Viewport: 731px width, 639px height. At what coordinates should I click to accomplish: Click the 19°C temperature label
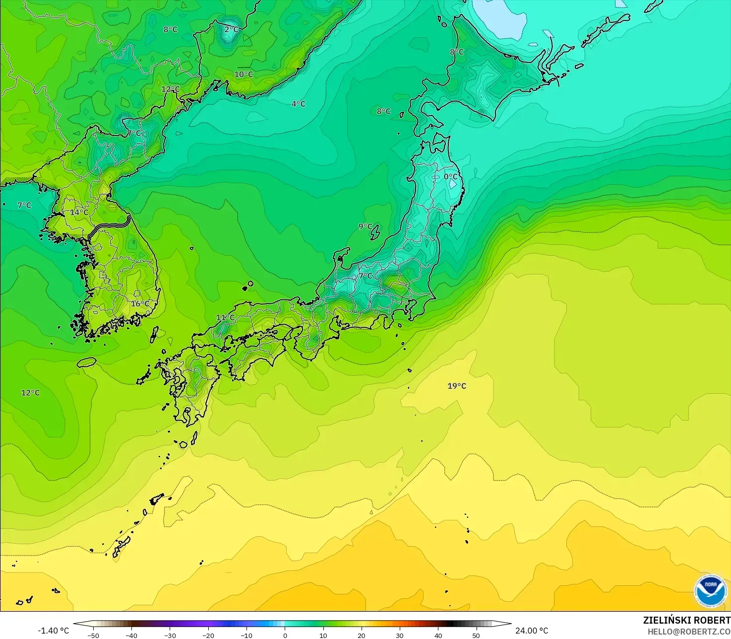(x=457, y=386)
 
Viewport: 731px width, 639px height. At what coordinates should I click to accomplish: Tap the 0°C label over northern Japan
(x=451, y=177)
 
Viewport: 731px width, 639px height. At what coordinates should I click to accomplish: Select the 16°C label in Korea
(x=140, y=303)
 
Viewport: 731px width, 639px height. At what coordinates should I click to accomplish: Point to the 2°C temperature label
(x=231, y=29)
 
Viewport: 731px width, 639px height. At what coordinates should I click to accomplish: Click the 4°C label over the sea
(x=298, y=104)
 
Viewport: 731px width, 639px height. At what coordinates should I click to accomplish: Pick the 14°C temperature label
(x=79, y=213)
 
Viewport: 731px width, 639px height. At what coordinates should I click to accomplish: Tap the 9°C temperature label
(x=365, y=226)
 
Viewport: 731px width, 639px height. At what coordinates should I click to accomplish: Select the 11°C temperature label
(x=225, y=317)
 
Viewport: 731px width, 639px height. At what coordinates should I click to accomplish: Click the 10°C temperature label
(x=244, y=74)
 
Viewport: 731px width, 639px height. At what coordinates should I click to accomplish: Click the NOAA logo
(x=711, y=590)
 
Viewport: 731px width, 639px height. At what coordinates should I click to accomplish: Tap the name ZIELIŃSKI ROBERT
(x=686, y=620)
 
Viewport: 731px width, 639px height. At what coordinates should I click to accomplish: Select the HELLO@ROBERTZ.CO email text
(x=689, y=632)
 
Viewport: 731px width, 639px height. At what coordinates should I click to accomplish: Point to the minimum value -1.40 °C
(x=54, y=631)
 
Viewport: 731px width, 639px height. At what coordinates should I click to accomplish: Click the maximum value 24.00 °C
(x=532, y=631)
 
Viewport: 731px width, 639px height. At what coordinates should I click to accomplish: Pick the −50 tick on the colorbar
(x=93, y=635)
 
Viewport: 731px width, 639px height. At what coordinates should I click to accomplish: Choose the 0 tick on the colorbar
(x=285, y=635)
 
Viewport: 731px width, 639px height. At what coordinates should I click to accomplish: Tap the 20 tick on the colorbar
(x=361, y=635)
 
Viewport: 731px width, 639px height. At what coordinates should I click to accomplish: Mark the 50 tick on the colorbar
(x=476, y=635)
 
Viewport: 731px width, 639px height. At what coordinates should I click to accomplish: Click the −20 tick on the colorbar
(x=208, y=635)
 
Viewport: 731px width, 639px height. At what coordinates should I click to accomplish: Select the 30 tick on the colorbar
(x=400, y=635)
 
